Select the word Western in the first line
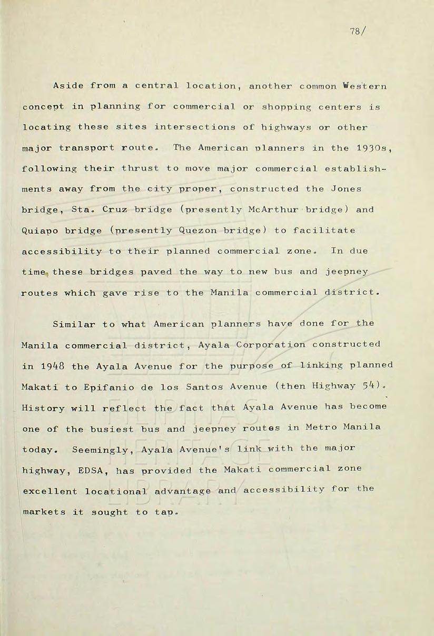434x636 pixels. [x=365, y=86]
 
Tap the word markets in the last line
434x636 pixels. [x=44, y=512]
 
